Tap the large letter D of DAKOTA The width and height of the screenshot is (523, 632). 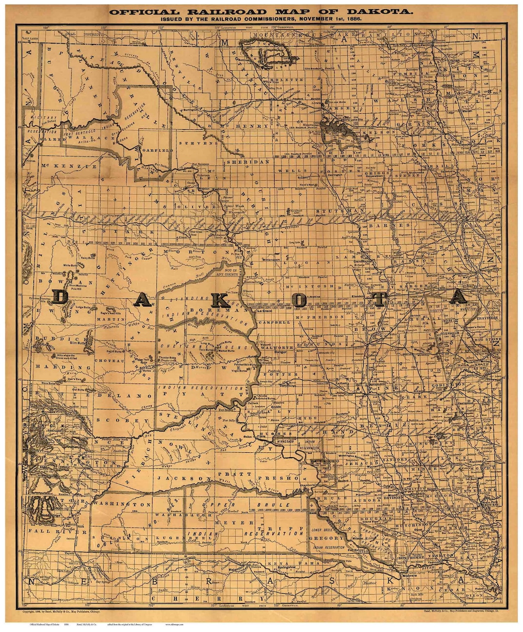[x=60, y=296]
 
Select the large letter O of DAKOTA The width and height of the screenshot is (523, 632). [x=299, y=299]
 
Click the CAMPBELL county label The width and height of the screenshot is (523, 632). [x=275, y=322]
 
